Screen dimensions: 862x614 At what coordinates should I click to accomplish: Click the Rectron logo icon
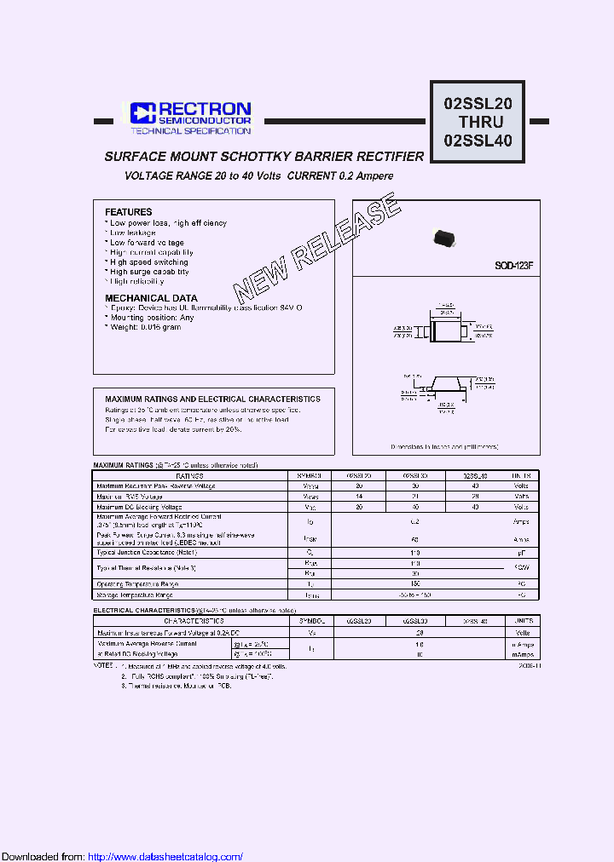point(141,112)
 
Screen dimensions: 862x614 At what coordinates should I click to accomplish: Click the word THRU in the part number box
point(480,122)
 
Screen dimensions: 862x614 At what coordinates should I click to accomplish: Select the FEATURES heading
point(128,211)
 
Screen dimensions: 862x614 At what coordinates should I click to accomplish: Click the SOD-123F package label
point(514,265)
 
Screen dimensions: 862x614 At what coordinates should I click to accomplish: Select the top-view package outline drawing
point(445,327)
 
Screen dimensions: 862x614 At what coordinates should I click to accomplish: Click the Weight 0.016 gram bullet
point(145,327)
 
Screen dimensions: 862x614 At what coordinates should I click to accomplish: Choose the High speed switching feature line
point(148,262)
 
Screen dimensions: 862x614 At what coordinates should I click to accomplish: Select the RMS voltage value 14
point(359,496)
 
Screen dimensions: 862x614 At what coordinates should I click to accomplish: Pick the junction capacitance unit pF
point(521,553)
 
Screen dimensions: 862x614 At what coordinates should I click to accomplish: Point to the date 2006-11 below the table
point(529,666)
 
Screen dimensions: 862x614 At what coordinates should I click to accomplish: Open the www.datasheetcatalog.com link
point(165,856)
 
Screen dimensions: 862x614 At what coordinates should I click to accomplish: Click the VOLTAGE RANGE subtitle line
point(259,175)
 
